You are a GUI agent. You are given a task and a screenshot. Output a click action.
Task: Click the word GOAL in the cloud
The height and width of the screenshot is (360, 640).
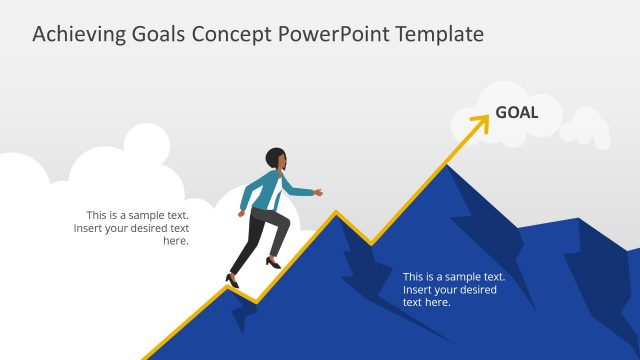[x=516, y=112]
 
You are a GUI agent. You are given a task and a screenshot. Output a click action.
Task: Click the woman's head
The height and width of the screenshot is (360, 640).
[x=276, y=158]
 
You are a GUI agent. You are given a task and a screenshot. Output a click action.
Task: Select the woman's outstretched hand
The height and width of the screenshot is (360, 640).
[x=318, y=191]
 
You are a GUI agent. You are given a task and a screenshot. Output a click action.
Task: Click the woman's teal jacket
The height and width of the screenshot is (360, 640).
[x=262, y=190]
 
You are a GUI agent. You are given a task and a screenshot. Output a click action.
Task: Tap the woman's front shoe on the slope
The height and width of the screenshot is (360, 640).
[x=273, y=263]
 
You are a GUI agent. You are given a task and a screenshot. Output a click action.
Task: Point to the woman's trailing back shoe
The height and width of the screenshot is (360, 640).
[x=233, y=281]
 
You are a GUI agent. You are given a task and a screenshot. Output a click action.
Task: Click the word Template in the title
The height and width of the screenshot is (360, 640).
[x=440, y=34]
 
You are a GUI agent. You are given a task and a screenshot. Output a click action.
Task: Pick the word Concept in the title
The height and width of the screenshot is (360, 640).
[x=232, y=34]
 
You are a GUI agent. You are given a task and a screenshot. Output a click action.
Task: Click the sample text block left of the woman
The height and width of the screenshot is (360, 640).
[x=133, y=228]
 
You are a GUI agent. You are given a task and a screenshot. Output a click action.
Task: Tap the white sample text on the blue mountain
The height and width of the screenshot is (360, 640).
[x=452, y=289]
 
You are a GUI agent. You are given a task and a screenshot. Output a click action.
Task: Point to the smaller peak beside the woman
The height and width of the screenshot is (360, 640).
[x=336, y=213]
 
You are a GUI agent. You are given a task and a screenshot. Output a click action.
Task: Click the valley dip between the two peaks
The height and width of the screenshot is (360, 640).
[x=371, y=243]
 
